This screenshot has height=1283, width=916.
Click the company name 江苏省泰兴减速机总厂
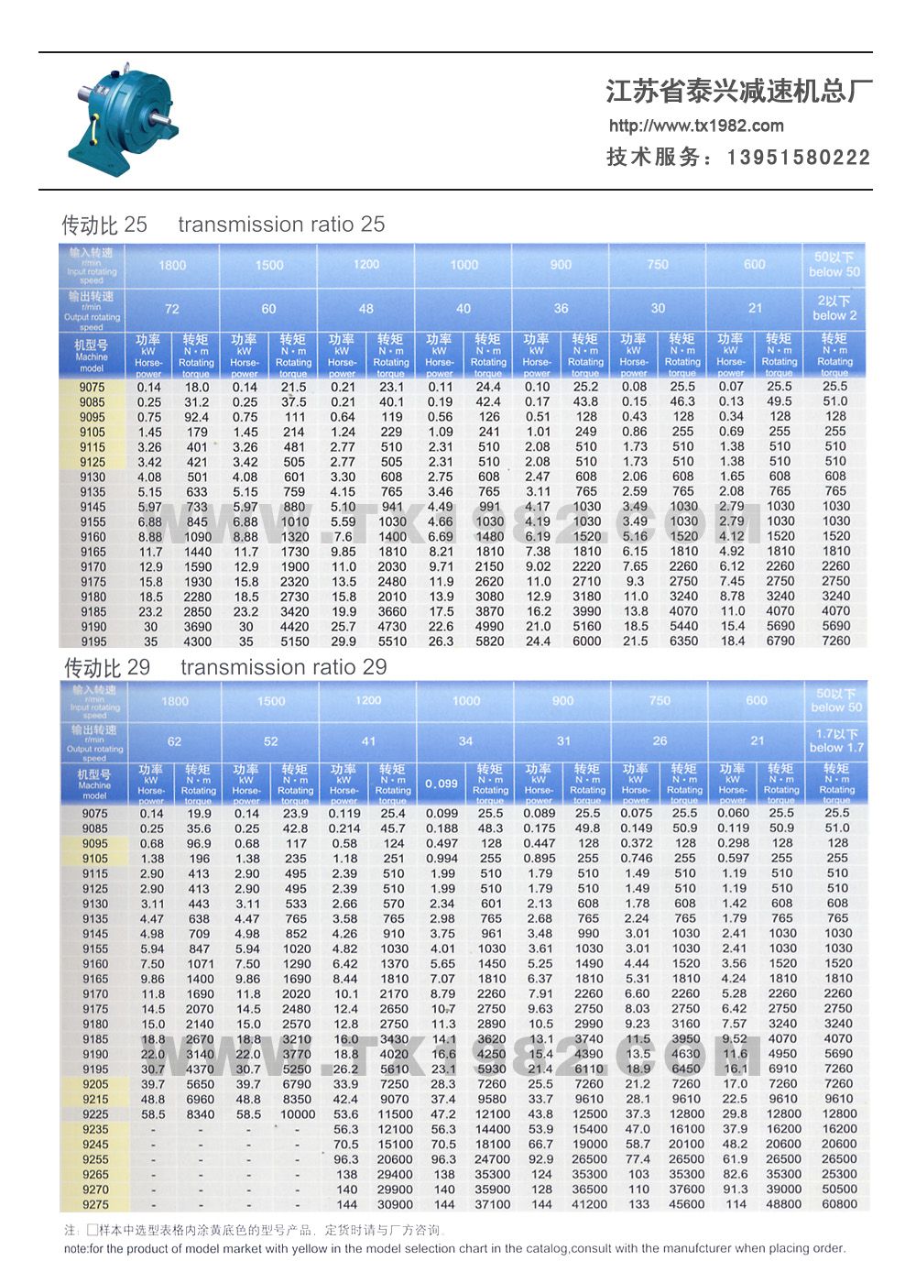(x=738, y=91)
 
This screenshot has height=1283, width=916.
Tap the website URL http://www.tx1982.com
(x=696, y=126)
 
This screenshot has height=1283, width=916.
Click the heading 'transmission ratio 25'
(x=281, y=225)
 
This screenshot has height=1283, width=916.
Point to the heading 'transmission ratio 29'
(x=283, y=667)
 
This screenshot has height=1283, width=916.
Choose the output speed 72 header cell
(x=172, y=309)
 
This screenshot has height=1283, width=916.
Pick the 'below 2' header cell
(x=834, y=308)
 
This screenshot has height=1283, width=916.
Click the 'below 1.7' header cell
(x=836, y=740)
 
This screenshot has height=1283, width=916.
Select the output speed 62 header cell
(x=174, y=741)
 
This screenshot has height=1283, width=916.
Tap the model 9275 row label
(x=95, y=1204)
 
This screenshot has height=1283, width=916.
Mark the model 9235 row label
(x=95, y=1129)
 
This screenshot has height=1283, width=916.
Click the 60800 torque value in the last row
(x=839, y=1204)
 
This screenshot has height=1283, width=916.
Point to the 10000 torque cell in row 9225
(x=298, y=1114)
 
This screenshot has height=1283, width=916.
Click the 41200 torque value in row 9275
(x=589, y=1204)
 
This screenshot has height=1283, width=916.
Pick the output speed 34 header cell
(x=465, y=741)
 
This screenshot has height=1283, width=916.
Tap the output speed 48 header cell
(x=366, y=309)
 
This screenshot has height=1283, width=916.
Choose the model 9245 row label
(x=95, y=1144)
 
